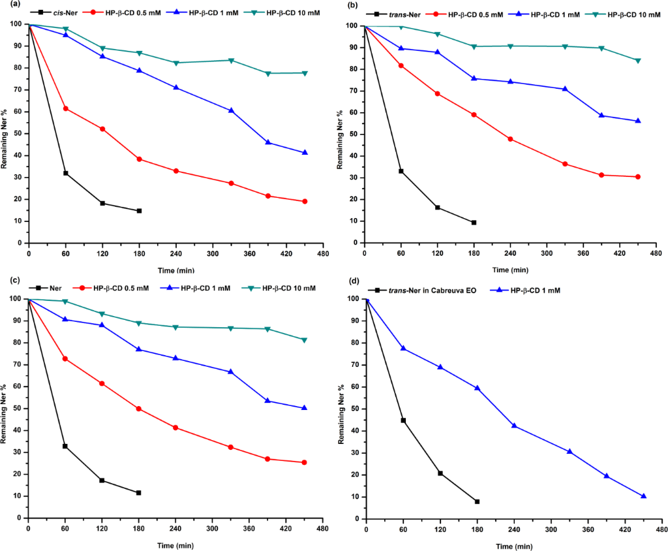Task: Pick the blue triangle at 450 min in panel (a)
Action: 305,153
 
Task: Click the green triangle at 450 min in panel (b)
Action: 638,61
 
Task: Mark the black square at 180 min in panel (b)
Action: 474,223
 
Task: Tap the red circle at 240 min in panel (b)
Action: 510,139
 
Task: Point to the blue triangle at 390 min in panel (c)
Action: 267,401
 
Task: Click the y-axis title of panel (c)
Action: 5,408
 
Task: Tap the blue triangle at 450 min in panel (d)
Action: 643,496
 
